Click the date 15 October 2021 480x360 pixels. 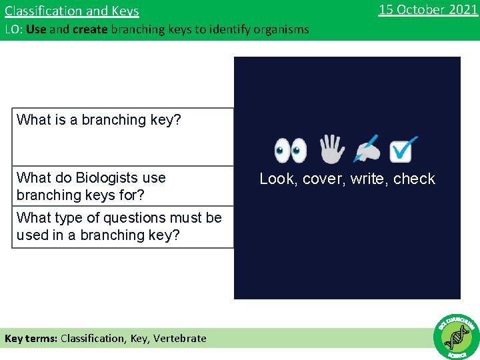(427, 9)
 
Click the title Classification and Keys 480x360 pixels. (72, 11)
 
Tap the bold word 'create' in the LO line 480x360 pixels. (91, 29)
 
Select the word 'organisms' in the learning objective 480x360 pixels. (283, 29)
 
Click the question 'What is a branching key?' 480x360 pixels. (99, 120)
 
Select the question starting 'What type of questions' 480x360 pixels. (119, 226)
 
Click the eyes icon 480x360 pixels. (291, 151)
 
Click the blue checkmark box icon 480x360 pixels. (403, 149)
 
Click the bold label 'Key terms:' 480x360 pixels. (31, 338)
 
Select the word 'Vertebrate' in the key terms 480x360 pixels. (180, 338)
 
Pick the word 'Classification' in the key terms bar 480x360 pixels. (92, 338)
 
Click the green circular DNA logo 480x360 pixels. (456, 336)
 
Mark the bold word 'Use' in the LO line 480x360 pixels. (36, 29)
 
